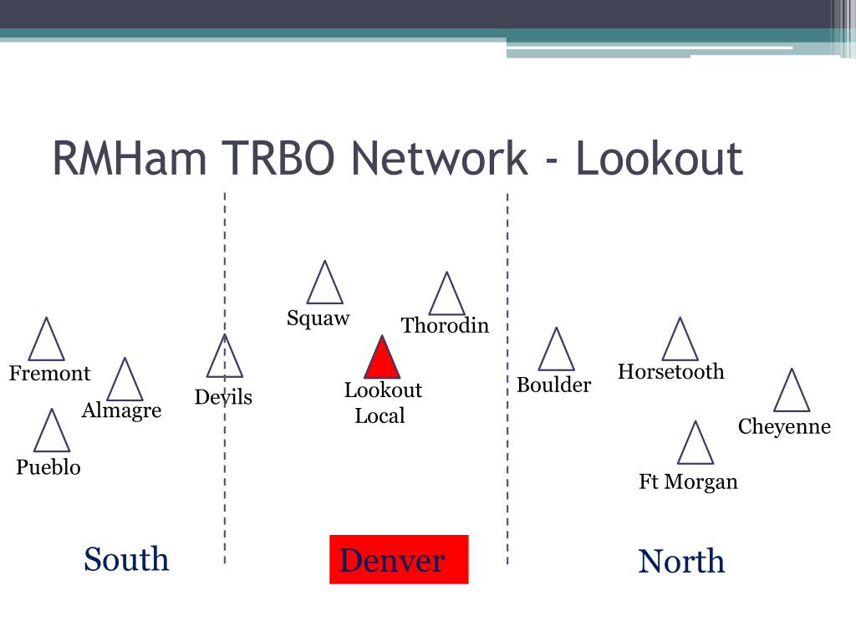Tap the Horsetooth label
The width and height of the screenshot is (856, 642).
click(x=671, y=372)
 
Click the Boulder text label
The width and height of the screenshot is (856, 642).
click(x=553, y=385)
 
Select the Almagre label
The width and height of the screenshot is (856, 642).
click(x=121, y=410)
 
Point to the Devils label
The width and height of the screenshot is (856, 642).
click(x=223, y=397)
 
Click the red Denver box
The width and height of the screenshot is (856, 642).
click(x=399, y=559)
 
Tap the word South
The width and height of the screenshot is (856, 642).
click(x=126, y=559)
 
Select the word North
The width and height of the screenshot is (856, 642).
click(x=681, y=561)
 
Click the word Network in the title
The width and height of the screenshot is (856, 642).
click(x=440, y=159)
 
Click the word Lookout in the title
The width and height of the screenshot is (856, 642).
click(x=659, y=159)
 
